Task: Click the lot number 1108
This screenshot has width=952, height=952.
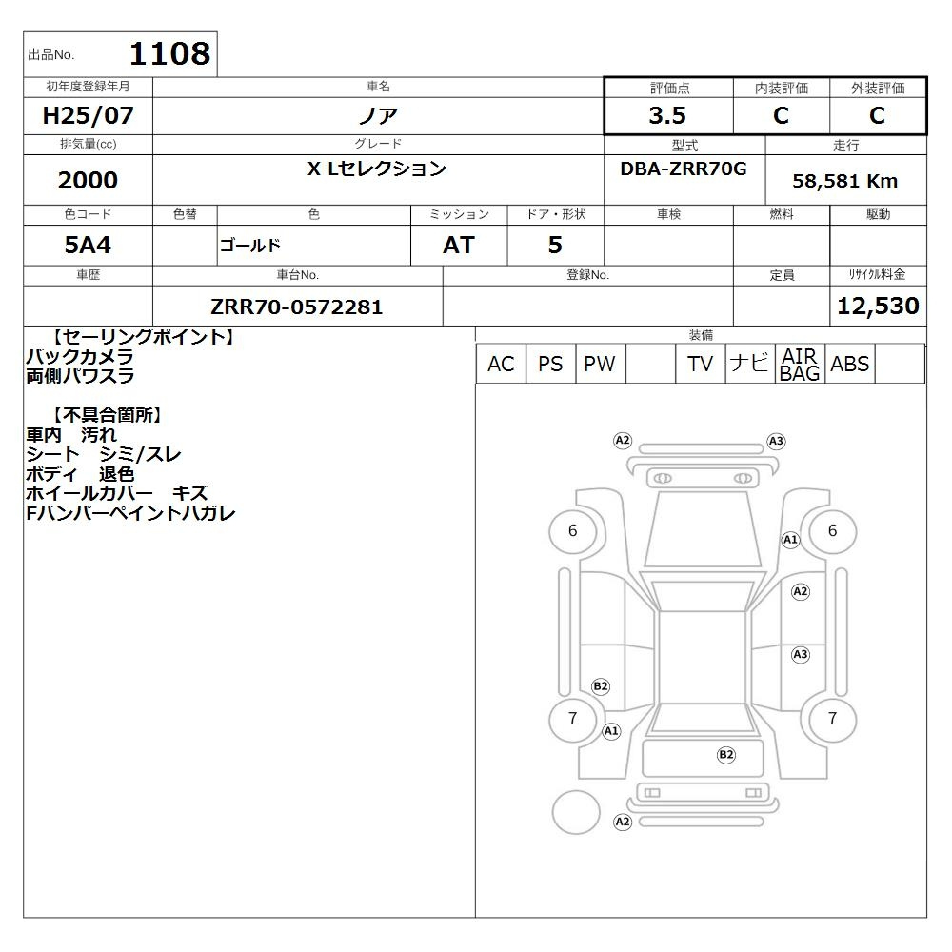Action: (x=170, y=53)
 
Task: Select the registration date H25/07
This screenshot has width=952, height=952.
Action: (x=88, y=115)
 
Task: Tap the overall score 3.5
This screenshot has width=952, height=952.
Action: (x=667, y=115)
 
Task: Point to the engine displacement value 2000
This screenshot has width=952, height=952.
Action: (x=88, y=180)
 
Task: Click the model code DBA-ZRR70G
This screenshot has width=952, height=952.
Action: (x=683, y=169)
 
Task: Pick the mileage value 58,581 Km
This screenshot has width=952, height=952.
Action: (x=844, y=181)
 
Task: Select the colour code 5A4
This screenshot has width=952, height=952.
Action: (x=88, y=246)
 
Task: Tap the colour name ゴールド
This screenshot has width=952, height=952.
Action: (x=250, y=246)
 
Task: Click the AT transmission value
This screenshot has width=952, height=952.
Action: (x=459, y=246)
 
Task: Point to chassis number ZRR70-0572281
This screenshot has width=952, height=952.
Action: (x=297, y=307)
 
